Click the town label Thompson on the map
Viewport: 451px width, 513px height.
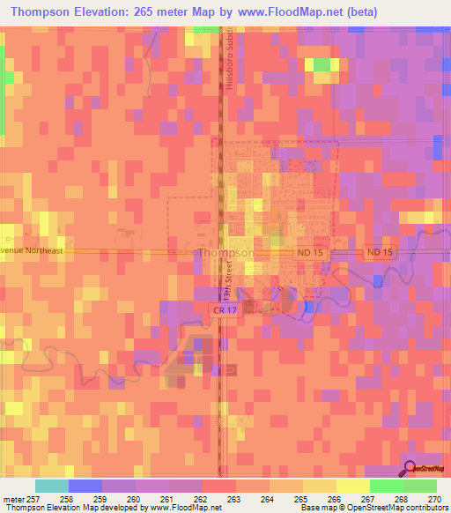tap(226, 252)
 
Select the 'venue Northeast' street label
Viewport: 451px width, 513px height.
tap(33, 250)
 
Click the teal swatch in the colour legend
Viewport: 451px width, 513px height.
tap(52, 486)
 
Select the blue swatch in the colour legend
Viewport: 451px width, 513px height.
tap(85, 486)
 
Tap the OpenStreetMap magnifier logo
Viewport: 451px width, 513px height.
tap(409, 468)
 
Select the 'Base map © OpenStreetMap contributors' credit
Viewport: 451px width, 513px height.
tap(372, 508)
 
